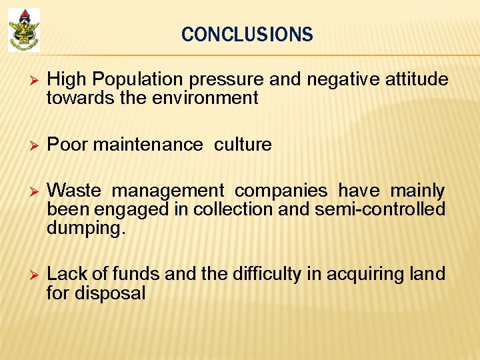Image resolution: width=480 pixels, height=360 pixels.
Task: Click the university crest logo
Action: (24, 29)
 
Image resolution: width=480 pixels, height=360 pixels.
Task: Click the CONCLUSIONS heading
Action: (247, 35)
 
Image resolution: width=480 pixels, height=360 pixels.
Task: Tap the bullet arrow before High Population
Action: (27, 80)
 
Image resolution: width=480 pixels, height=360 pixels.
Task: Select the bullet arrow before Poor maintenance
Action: (27, 145)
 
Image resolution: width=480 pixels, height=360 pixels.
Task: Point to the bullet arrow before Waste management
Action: (27, 191)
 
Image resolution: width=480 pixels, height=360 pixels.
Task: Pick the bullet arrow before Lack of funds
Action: (27, 275)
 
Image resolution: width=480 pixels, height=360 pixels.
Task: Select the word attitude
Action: (412, 80)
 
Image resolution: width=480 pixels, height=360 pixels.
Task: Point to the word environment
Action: (207, 99)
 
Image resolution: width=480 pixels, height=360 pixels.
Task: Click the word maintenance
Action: (148, 145)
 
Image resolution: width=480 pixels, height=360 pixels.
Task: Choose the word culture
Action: (243, 145)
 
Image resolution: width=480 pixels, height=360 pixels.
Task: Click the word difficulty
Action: (263, 274)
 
